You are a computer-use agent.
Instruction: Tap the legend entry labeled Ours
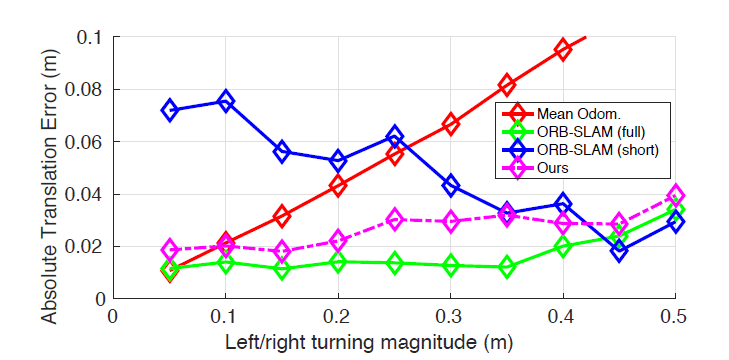point(555,167)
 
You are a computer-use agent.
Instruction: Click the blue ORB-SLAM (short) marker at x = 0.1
point(226,101)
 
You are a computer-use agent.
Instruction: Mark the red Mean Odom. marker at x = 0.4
point(563,49)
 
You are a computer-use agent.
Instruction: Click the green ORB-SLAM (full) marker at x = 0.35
point(507,267)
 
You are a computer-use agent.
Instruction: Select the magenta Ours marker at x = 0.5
point(676,196)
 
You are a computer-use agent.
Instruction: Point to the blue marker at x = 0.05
point(170,110)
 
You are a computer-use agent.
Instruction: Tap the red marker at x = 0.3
point(451,124)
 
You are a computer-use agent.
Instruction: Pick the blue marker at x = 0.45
point(620,251)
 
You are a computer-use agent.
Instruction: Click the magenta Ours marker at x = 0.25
point(395,219)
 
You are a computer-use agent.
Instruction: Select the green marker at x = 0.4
point(563,246)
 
